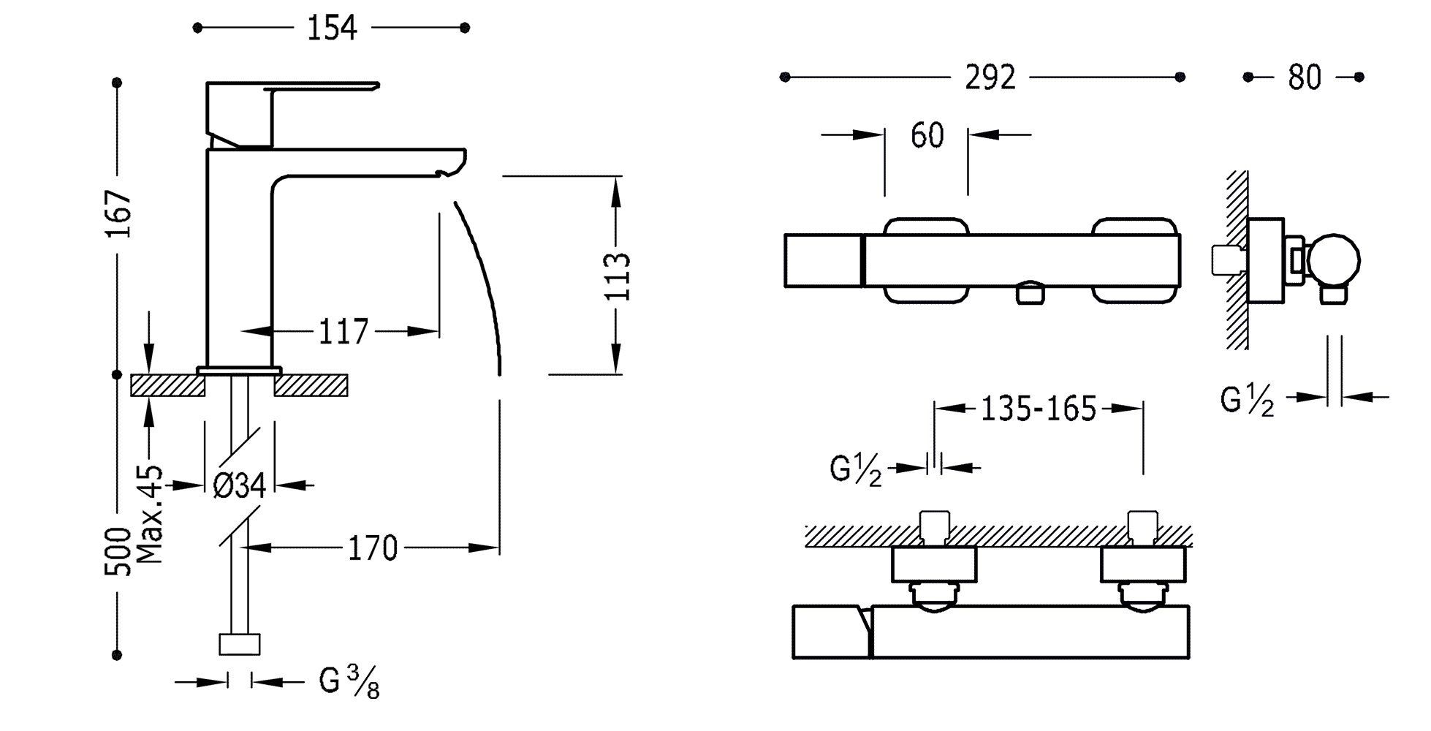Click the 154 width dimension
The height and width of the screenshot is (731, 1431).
pyautogui.click(x=331, y=28)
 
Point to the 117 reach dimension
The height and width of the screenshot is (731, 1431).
pyautogui.click(x=343, y=332)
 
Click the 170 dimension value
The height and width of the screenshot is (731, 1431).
pyautogui.click(x=372, y=548)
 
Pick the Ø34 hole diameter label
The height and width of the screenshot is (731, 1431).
pyautogui.click(x=240, y=485)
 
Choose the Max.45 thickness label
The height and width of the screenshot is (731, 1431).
pyautogui.click(x=150, y=514)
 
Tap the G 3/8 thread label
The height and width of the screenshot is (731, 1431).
pyautogui.click(x=349, y=683)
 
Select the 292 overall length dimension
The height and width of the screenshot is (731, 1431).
pyautogui.click(x=991, y=77)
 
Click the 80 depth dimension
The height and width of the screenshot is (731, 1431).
pyautogui.click(x=1305, y=77)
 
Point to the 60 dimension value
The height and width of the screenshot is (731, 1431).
pyautogui.click(x=927, y=135)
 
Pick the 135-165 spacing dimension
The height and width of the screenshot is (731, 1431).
pyautogui.click(x=1039, y=409)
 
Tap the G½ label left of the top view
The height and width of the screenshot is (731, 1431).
pyautogui.click(x=856, y=469)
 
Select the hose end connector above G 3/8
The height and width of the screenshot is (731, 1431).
pyautogui.click(x=240, y=644)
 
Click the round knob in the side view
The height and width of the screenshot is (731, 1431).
pyautogui.click(x=1334, y=260)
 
